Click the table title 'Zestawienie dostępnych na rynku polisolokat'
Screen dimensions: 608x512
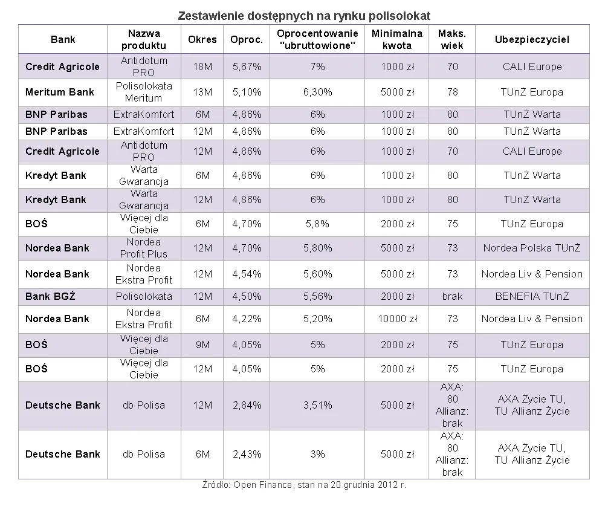click(x=304, y=16)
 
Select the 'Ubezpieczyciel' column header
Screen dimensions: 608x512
click(x=532, y=39)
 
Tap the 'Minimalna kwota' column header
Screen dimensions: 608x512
click(x=396, y=39)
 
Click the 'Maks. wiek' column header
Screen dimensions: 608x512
click(x=451, y=39)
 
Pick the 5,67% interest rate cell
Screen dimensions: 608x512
click(x=247, y=66)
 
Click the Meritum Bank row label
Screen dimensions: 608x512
click(x=60, y=92)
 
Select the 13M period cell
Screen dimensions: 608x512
click(x=202, y=92)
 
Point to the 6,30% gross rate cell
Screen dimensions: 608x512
click(x=317, y=92)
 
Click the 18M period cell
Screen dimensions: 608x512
click(x=202, y=66)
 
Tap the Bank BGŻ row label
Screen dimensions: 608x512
click(x=50, y=296)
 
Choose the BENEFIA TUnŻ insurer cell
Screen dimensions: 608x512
click(x=532, y=297)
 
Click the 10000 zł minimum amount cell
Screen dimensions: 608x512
click(x=398, y=319)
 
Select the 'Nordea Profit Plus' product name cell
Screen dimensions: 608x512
click(x=143, y=248)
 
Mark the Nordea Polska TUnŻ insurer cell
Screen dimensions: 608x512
click(x=532, y=248)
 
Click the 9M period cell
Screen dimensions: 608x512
click(x=202, y=345)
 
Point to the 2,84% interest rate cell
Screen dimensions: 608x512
click(x=247, y=406)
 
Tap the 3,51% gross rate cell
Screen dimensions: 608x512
click(x=317, y=406)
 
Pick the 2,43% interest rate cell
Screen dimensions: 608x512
click(x=247, y=454)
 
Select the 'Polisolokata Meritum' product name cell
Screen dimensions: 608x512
click(x=143, y=92)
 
